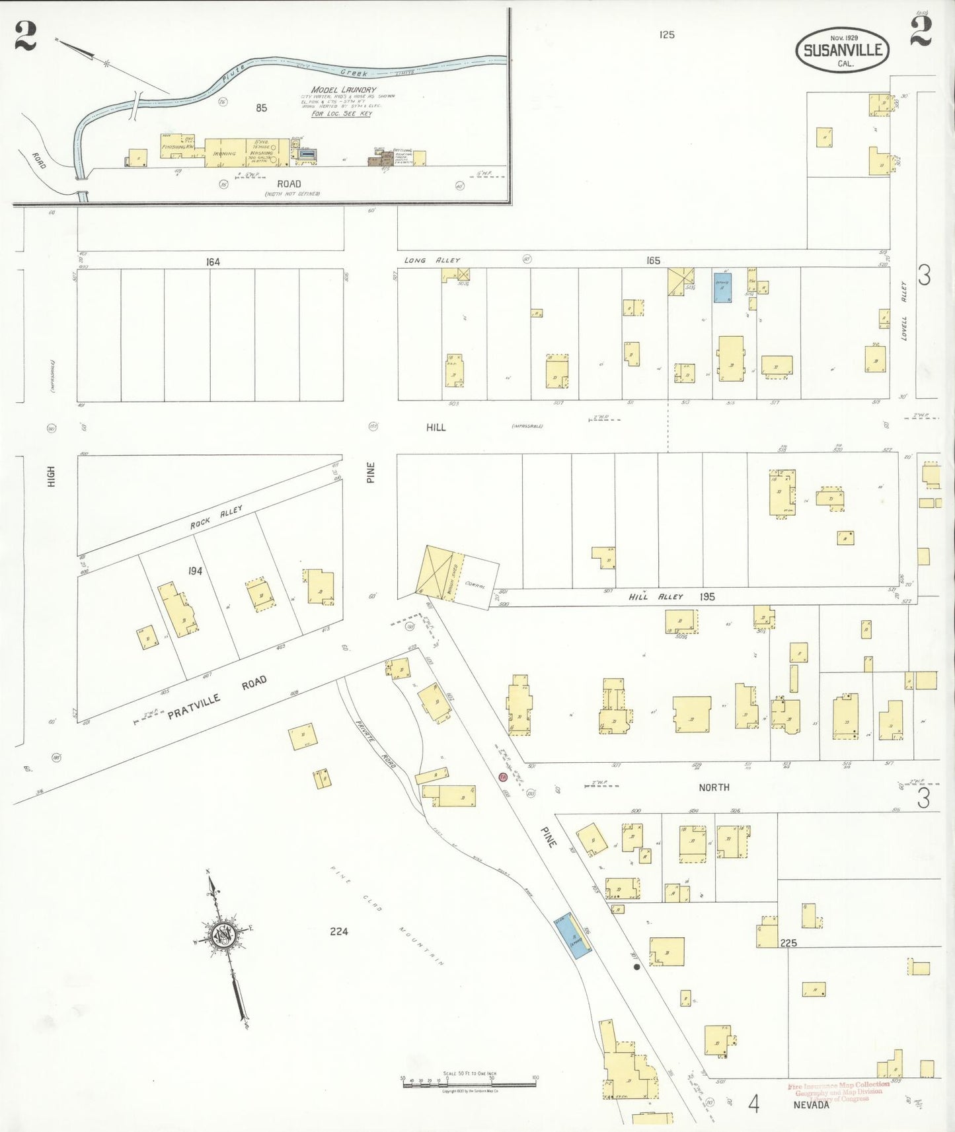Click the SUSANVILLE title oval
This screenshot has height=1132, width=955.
842,50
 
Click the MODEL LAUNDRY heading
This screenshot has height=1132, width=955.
344,90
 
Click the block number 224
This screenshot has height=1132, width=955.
338,931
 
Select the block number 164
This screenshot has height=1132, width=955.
212,262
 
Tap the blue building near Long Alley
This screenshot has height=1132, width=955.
722,288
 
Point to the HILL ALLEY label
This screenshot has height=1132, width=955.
656,596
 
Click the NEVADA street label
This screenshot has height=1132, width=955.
811,1105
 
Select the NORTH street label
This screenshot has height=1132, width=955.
714,787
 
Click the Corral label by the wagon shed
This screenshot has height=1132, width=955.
475,584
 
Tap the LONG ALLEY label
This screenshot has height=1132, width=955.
432,260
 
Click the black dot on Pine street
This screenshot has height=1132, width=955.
636,966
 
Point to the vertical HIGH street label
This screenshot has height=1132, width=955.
52,476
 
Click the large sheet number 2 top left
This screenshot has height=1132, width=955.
25,36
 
